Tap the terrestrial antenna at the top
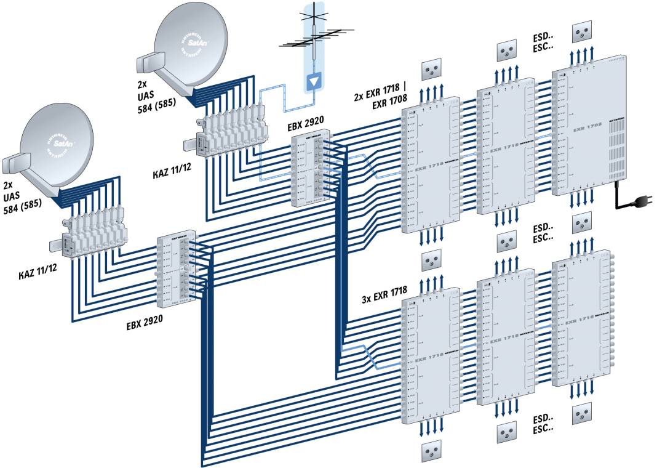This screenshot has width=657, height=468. point(314,34)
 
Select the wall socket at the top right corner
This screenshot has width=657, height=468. point(581,33)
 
